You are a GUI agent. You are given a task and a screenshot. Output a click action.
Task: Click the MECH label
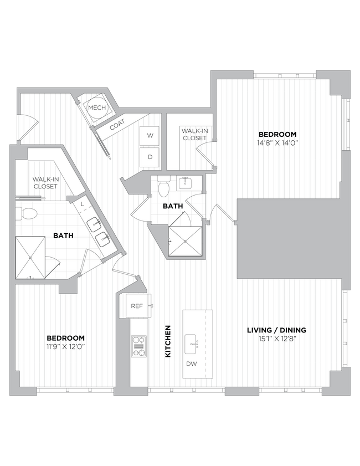coord(97,107)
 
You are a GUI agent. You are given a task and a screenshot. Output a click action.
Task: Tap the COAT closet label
coord(117,126)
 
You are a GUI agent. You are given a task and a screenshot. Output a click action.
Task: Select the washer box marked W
coord(150,135)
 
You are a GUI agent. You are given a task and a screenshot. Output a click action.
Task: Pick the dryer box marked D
coord(150,157)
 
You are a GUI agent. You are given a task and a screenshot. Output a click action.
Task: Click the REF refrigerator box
coord(137,306)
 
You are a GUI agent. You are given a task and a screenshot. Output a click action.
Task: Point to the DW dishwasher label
coord(192,364)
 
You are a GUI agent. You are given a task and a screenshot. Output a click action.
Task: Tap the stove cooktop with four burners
coord(138,346)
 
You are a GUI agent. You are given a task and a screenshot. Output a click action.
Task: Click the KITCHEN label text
coord(167,341)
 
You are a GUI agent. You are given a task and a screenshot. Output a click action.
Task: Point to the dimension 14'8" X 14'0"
coord(278,143)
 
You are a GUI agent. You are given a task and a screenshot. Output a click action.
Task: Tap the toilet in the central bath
coord(163,188)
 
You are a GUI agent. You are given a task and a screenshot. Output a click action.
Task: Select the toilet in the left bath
coord(28,213)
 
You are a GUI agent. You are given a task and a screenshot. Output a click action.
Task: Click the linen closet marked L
coord(82,204)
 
